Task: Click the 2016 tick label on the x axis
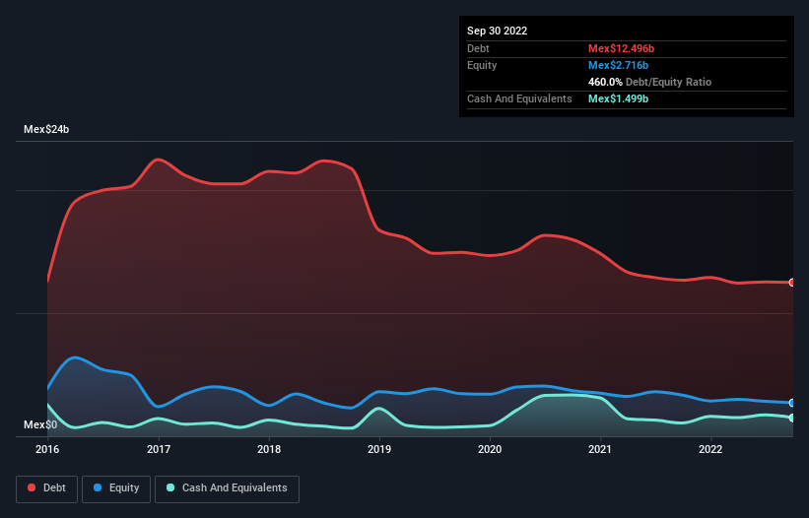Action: tap(47, 449)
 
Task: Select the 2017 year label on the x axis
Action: tap(158, 449)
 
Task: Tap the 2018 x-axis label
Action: tap(268, 449)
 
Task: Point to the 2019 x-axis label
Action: tap(379, 449)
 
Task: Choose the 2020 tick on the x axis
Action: tap(490, 449)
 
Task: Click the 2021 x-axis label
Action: tap(600, 449)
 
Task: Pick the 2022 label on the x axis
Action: tap(710, 449)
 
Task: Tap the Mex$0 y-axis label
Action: tap(40, 424)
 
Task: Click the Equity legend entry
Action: tap(116, 487)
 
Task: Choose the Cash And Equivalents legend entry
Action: tap(227, 487)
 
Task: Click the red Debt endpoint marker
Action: tap(792, 283)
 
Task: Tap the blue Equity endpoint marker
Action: tap(792, 403)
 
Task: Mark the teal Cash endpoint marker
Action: tap(792, 418)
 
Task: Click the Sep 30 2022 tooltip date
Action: tap(497, 31)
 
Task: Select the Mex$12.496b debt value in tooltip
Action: tap(621, 48)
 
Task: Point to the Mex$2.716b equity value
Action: tap(617, 65)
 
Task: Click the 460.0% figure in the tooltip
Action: tap(607, 82)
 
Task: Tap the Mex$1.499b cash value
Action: tap(617, 98)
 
